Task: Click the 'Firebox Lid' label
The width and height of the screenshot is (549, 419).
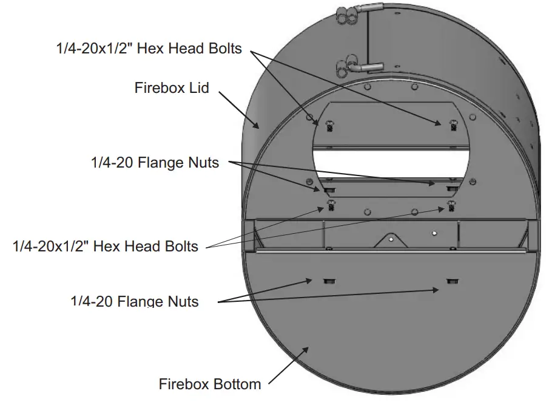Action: coord(171,88)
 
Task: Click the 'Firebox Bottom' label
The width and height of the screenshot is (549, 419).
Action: coord(210,384)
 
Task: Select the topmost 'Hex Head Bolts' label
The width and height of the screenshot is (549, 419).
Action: coord(149,49)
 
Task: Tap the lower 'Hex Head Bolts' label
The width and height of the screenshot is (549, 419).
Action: coord(106,246)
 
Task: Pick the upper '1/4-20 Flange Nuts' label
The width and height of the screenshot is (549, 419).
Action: coord(155,162)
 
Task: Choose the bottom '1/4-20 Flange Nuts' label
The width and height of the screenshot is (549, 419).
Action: coord(135,301)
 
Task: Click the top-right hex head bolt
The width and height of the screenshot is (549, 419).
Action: coord(452,125)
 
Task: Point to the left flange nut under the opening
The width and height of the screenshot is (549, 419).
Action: coord(330,189)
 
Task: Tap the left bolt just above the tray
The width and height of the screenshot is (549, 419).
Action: coord(331,205)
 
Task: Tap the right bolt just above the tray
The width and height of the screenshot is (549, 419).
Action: coord(451,205)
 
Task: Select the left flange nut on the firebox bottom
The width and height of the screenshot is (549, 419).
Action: coord(329,280)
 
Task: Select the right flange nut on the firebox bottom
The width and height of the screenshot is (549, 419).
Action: coord(452,280)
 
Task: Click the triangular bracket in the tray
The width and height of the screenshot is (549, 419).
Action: coord(391,240)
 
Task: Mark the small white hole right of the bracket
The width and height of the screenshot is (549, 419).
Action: coord(434,232)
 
